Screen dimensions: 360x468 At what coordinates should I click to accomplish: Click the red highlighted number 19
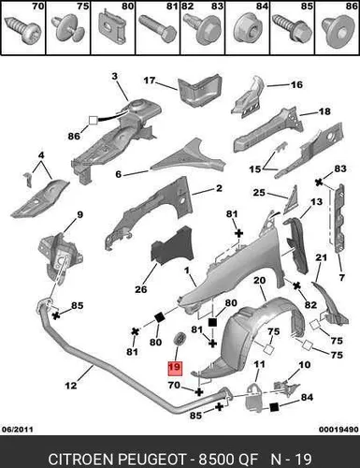point(174,367)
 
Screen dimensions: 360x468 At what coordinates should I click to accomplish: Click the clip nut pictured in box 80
point(113,27)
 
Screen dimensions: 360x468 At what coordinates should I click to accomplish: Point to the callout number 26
point(141,289)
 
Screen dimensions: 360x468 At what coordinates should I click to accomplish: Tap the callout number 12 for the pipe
point(71,386)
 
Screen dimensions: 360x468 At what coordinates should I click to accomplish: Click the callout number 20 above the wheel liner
point(259,280)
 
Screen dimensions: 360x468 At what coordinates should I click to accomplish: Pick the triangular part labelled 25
point(291,201)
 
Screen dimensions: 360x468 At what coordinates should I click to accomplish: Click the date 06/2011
point(18,430)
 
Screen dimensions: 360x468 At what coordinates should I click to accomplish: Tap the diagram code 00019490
point(338,430)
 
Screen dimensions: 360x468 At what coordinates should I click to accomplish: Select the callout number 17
point(150,80)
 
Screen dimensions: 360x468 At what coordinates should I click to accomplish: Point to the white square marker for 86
point(94,120)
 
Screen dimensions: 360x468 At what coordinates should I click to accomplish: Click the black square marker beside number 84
point(274,407)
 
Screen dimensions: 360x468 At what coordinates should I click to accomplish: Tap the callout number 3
point(115,76)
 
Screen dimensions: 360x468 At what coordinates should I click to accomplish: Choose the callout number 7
point(341,277)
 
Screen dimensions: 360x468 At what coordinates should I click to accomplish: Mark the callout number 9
point(79,214)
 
